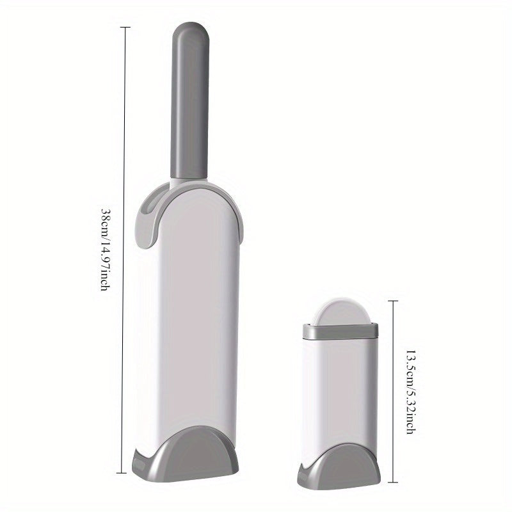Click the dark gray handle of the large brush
[189, 101]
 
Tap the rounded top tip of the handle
[190, 23]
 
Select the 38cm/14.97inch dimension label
[105, 250]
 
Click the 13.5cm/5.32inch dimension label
[411, 392]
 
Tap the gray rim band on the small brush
[340, 331]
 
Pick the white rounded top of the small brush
[340, 311]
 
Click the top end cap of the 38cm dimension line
[125, 28]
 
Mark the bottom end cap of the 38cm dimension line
[122, 473]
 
